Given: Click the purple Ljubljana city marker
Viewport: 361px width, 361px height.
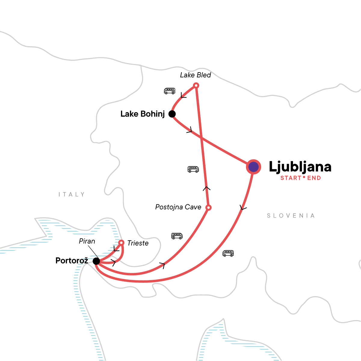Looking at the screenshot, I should point(254,167).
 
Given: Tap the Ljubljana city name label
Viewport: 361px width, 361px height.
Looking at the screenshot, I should point(300,167).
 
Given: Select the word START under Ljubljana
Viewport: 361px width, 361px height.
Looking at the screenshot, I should point(291,178).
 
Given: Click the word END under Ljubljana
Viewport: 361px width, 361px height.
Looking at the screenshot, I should point(314,178).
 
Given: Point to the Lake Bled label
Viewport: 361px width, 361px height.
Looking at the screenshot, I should point(196,75).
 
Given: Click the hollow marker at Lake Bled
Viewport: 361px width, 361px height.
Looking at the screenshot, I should point(196,86).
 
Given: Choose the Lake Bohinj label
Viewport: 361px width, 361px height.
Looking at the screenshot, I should point(143,114).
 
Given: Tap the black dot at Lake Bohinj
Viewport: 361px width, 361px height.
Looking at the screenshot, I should point(172,114).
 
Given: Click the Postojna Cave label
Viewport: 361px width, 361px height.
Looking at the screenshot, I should point(178,207).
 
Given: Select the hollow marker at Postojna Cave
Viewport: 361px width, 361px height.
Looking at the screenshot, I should point(208,208).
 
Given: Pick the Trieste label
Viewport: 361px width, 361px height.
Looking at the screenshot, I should point(138,243).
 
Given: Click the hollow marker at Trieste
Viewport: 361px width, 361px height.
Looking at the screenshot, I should point(121,242).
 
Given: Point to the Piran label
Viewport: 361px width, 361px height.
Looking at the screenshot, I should point(87,241).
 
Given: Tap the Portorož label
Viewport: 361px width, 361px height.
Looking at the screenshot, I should point(72,261).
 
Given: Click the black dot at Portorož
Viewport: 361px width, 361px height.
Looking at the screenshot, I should point(96,261).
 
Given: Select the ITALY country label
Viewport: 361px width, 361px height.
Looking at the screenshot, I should point(72,195).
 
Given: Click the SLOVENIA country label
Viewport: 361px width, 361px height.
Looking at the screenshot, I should point(291,216).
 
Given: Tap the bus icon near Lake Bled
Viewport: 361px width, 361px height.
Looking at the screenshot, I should point(169,91).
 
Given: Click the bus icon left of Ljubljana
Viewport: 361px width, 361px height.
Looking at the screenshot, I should point(193,169).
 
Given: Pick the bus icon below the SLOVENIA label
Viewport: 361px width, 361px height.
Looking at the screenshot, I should point(228,253).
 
